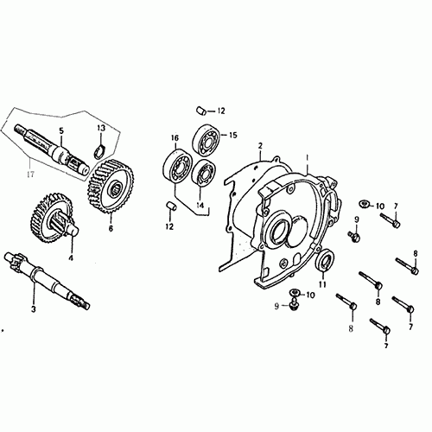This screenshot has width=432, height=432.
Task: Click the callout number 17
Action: pos(30,174)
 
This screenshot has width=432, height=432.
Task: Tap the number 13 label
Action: pos(101,129)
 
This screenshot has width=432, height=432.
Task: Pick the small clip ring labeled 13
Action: pos(100,152)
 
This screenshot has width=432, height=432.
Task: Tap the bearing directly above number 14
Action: pos(204,173)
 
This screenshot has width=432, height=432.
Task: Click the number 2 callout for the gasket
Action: pos(260,146)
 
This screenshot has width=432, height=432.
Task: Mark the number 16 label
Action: pos(175,138)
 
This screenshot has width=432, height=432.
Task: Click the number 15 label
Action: pos(232,135)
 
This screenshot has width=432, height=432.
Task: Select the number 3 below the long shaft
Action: pos(34,309)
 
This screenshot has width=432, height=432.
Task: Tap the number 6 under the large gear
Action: pos(111,228)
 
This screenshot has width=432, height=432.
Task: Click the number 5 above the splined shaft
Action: pos(60,130)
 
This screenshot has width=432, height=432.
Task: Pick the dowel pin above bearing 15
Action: pos(200,111)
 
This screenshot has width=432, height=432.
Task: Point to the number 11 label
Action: pos(322,284)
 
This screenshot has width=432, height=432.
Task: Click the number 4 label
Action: pos(71,257)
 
